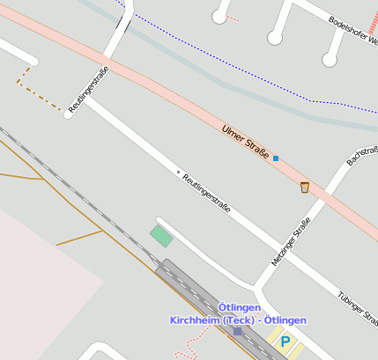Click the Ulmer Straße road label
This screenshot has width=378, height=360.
(246, 141)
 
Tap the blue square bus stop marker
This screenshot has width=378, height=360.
(276, 158)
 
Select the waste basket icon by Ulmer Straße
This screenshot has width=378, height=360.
(305, 187)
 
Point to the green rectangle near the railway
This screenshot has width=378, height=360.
(161, 235)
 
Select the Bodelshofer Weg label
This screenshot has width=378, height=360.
(353, 31)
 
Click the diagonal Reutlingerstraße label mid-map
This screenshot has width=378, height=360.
(206, 193)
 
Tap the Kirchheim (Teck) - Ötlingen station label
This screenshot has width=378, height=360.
(238, 320)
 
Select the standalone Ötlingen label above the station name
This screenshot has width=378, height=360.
(239, 307)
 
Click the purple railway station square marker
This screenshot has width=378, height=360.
(237, 331)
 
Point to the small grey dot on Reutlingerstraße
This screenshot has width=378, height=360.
(178, 172)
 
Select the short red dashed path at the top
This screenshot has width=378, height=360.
(232, 18)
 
